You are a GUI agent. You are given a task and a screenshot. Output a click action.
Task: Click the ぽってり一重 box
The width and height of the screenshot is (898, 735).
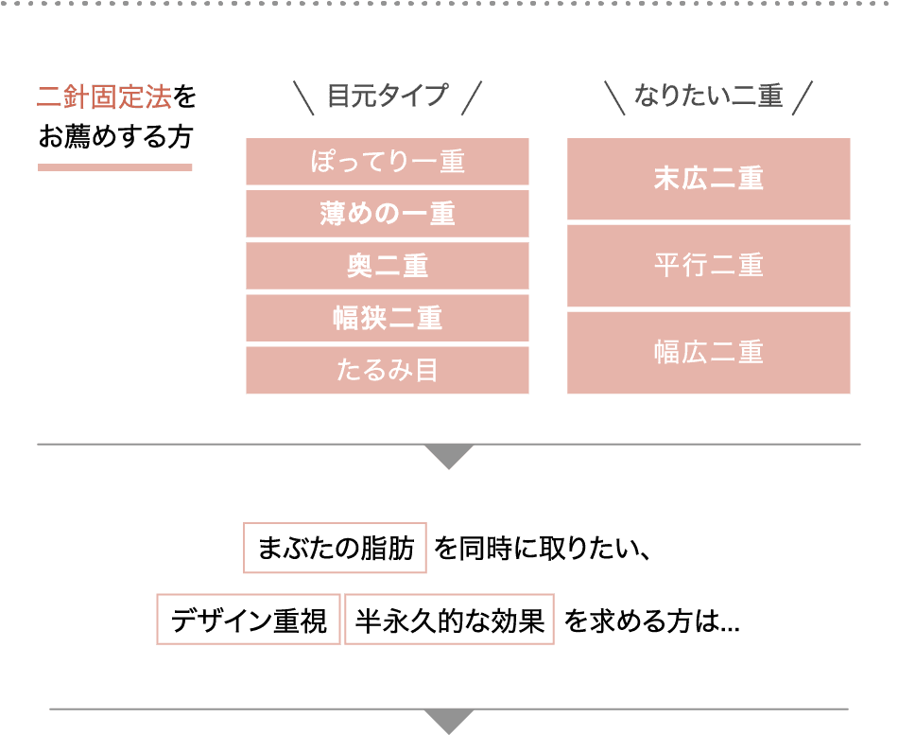(387, 162)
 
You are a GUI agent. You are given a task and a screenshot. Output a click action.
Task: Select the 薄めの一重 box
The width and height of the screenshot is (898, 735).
(387, 214)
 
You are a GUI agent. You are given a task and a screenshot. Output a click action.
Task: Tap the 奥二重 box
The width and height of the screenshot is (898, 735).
(387, 266)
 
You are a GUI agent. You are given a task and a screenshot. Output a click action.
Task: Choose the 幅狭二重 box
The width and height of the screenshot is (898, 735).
(387, 318)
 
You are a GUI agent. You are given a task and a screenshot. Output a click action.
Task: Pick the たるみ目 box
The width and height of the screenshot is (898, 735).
(387, 370)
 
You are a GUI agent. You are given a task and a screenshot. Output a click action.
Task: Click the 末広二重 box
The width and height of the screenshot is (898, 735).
(708, 179)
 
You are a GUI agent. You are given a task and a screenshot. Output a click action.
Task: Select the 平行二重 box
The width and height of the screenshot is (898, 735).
(708, 266)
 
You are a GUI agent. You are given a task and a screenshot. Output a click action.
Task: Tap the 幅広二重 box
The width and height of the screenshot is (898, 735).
(708, 353)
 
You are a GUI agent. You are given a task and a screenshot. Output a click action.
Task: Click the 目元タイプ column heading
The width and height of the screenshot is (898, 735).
(388, 96)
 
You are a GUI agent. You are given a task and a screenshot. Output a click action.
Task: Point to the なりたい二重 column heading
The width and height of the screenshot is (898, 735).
(708, 96)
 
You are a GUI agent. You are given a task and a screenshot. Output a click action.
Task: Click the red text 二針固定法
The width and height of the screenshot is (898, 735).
(104, 97)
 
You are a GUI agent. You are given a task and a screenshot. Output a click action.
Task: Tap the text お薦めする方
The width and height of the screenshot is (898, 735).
(114, 138)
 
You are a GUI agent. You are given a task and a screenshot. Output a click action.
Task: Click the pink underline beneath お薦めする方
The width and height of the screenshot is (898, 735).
(114, 167)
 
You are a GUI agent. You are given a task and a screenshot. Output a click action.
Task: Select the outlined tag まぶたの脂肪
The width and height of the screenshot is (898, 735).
(335, 548)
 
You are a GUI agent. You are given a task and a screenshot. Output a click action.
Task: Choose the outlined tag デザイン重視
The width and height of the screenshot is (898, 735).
(248, 621)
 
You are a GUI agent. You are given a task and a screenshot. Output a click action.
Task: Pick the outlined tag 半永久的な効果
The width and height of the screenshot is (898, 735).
(449, 621)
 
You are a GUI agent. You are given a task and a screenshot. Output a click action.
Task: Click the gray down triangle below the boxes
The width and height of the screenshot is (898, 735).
(449, 457)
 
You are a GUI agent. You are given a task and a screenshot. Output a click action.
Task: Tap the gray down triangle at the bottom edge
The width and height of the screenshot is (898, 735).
(450, 721)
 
